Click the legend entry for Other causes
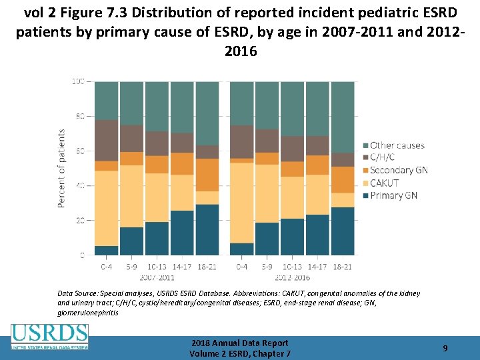click(397, 145)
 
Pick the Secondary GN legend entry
click(399, 171)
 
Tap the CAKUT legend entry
click(384, 183)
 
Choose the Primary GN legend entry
click(393, 195)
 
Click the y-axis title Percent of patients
click(61, 168)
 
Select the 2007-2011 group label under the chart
click(157, 276)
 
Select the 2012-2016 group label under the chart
click(293, 276)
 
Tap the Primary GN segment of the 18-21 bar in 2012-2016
click(343, 231)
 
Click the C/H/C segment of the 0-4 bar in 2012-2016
click(241, 141)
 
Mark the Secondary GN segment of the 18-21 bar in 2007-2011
click(207, 175)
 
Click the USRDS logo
click(49, 337)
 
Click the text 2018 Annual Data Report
click(239, 343)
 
